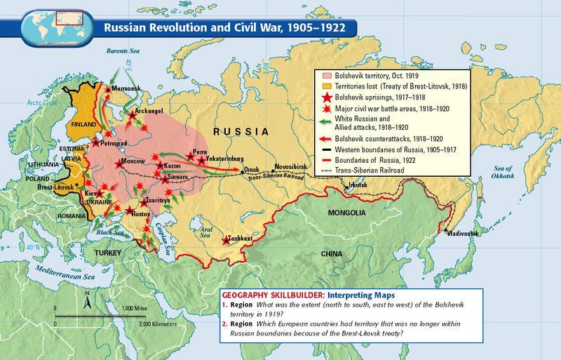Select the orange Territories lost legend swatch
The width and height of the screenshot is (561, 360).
(x=325, y=86)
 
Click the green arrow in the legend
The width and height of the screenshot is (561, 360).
(x=325, y=124)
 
